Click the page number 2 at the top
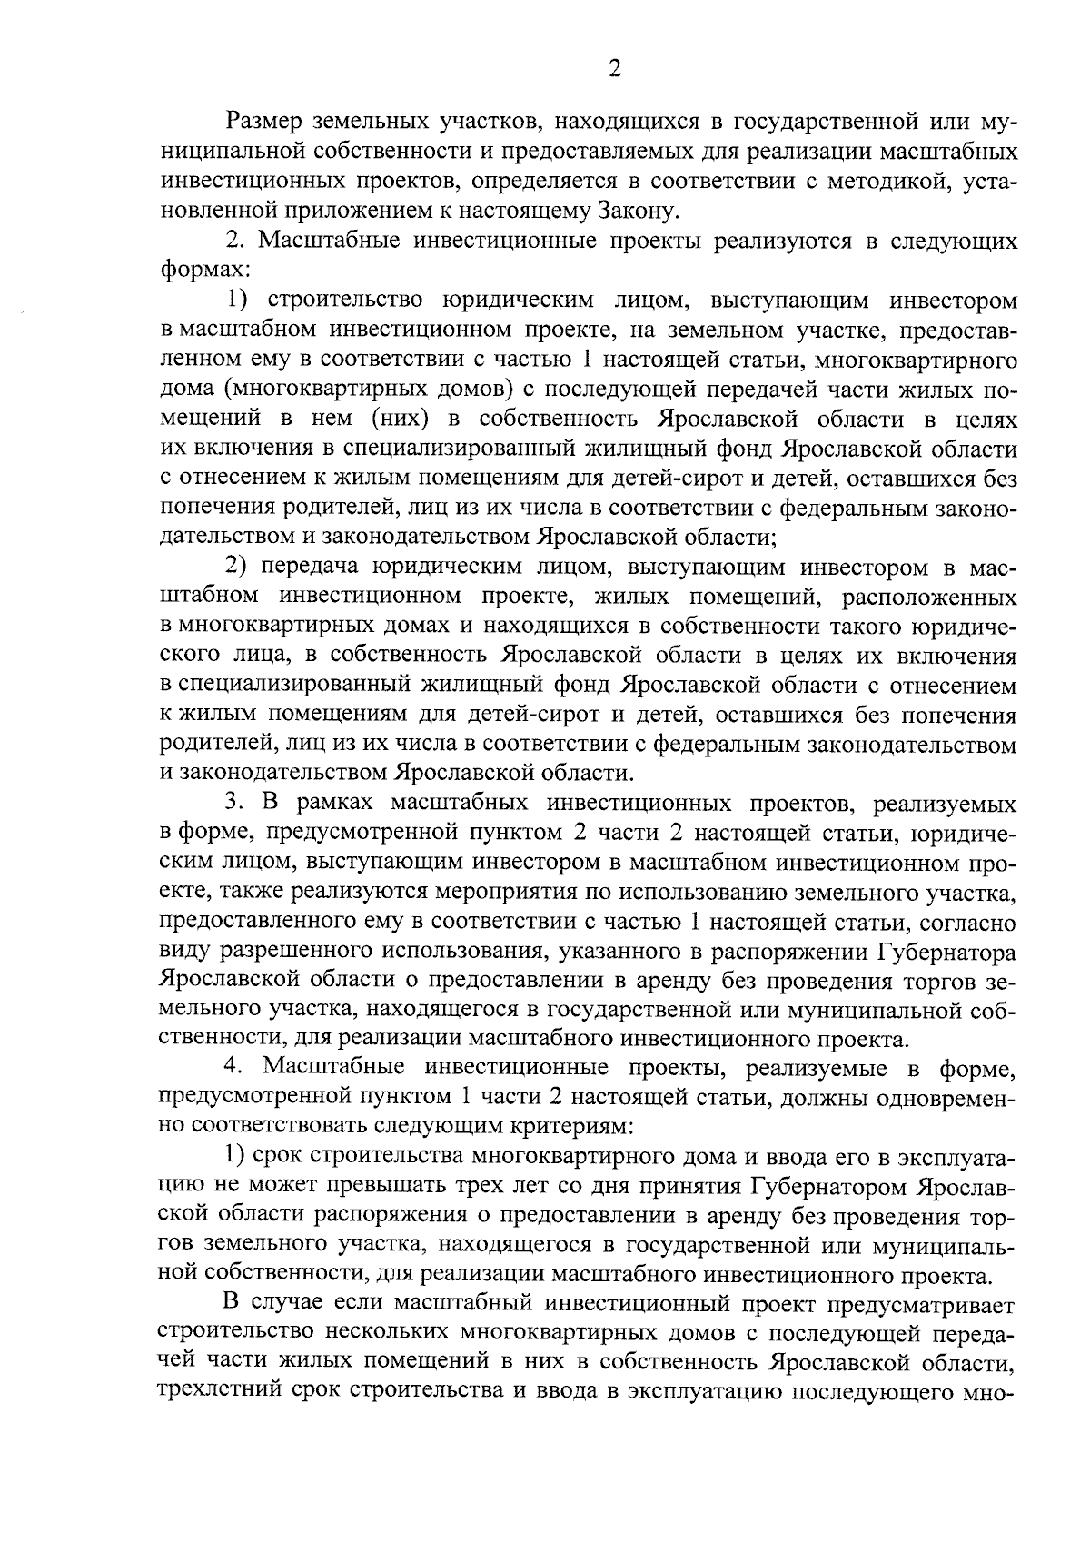[x=615, y=70]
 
